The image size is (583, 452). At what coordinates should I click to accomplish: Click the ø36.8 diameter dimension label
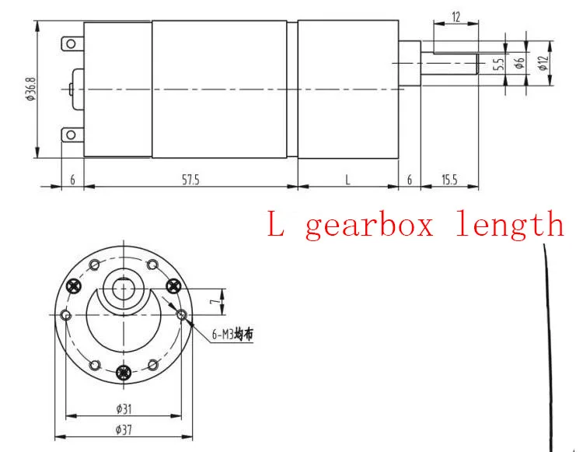pyautogui.click(x=30, y=89)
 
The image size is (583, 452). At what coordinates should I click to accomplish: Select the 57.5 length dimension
pyautogui.click(x=190, y=180)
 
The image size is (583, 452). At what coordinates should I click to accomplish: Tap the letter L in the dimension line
pyautogui.click(x=347, y=180)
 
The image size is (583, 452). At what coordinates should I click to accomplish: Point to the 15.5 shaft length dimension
pyautogui.click(x=449, y=180)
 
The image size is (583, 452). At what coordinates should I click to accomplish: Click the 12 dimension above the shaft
pyautogui.click(x=456, y=17)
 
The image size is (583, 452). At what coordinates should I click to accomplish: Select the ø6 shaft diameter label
pyautogui.click(x=520, y=61)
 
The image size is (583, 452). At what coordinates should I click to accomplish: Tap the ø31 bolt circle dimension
pyautogui.click(x=124, y=409)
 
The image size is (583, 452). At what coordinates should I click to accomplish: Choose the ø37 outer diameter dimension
pyautogui.click(x=124, y=430)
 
